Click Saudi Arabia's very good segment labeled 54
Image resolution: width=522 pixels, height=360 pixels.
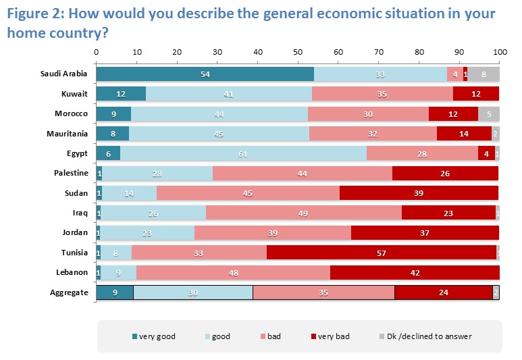[205, 74]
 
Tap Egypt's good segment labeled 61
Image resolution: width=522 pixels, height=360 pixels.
[243, 153]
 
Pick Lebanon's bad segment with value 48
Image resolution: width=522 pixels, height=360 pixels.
[233, 272]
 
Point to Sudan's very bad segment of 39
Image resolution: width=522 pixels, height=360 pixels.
[419, 193]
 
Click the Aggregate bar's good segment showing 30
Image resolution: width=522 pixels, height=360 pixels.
[193, 292]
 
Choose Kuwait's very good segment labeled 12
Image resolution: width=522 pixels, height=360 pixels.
[121, 94]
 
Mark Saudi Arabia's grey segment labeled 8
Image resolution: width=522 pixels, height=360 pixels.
[484, 74]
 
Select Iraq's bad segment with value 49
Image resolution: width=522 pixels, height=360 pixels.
[304, 213]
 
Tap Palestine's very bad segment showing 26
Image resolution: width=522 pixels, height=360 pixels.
[445, 174]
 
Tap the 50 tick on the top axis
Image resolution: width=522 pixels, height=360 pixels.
[298, 52]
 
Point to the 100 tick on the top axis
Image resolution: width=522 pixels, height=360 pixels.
[499, 52]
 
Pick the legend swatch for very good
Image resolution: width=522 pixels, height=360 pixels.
[134, 336]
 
